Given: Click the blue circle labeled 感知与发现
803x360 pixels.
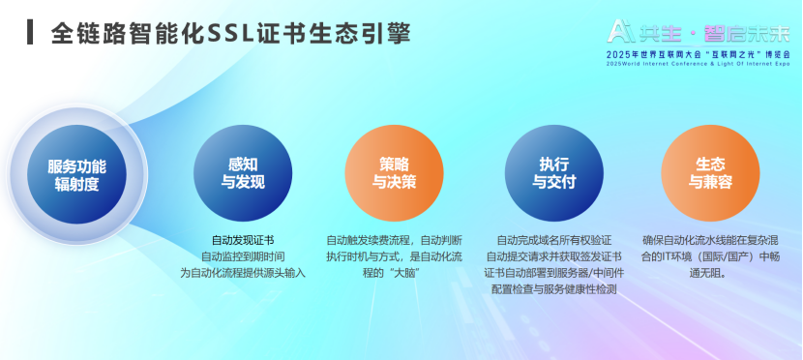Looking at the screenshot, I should (243, 172).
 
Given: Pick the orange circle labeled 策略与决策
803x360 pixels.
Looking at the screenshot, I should (395, 172).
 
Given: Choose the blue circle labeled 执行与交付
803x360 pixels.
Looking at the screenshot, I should (553, 172).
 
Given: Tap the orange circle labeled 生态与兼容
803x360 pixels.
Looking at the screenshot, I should (710, 172).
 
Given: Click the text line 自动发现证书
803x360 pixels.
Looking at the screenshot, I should (243, 240).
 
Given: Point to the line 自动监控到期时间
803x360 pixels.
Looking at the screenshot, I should (243, 256).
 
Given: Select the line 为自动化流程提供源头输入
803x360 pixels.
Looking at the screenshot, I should (243, 273).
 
